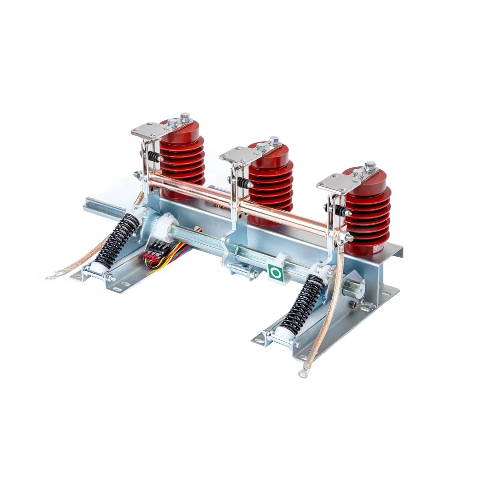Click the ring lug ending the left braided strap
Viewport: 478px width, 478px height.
tap(50, 277)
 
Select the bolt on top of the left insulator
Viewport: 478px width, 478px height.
tap(185, 117)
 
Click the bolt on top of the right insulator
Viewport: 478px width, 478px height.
tap(369, 166)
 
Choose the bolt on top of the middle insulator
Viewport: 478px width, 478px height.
tap(273, 141)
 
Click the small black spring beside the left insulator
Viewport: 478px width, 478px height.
tap(152, 156)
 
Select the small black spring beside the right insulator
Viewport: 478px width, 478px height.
tap(340, 210)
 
